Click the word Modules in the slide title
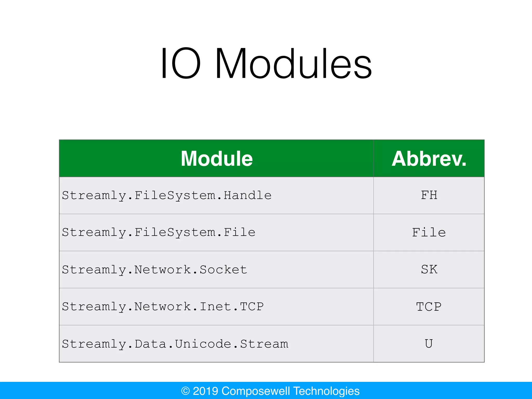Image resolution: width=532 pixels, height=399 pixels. [294, 64]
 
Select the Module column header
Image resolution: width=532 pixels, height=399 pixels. [217, 159]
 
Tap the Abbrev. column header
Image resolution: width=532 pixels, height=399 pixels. [429, 159]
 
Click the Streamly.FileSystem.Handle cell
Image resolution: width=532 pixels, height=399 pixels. [167, 195]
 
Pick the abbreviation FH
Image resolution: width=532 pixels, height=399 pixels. [429, 195]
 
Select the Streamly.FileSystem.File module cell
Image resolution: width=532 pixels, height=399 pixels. [158, 232]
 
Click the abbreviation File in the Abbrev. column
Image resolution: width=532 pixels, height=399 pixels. [429, 232]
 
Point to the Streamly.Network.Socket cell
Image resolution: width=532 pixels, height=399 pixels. [155, 270]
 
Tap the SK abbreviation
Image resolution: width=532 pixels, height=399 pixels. [429, 270]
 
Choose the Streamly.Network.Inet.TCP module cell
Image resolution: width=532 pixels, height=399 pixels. [163, 307]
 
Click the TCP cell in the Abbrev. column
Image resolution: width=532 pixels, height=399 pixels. [429, 307]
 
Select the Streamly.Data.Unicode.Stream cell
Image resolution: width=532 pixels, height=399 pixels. [175, 344]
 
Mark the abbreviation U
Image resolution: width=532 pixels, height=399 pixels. [429, 344]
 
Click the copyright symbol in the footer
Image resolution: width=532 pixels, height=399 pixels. [185, 391]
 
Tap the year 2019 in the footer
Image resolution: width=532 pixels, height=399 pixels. [205, 391]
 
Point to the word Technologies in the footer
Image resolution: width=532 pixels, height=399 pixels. [326, 391]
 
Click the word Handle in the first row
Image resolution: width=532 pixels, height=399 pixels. [248, 195]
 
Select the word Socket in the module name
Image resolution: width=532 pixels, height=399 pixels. [223, 270]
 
